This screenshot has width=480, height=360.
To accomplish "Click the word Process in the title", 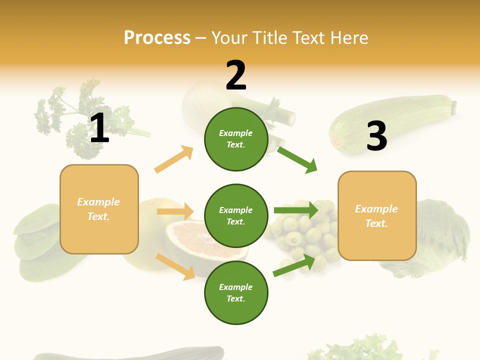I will [157, 38].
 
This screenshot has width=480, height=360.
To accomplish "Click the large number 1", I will [99, 128].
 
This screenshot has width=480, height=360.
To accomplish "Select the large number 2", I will [236, 75].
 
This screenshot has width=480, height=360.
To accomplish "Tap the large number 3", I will [376, 137].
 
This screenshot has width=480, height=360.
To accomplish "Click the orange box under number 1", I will [99, 209].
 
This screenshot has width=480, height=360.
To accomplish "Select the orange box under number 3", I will [377, 215].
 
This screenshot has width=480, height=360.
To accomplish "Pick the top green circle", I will [236, 139].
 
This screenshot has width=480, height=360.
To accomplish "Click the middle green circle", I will [236, 215].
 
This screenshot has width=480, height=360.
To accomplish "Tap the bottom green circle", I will [236, 292].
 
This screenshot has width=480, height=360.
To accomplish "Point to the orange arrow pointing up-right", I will [173, 159].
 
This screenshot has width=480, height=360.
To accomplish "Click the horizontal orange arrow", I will [175, 211].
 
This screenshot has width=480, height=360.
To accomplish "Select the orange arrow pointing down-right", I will [175, 266].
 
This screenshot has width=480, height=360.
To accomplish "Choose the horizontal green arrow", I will [295, 210].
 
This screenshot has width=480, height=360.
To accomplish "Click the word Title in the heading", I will [271, 38].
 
